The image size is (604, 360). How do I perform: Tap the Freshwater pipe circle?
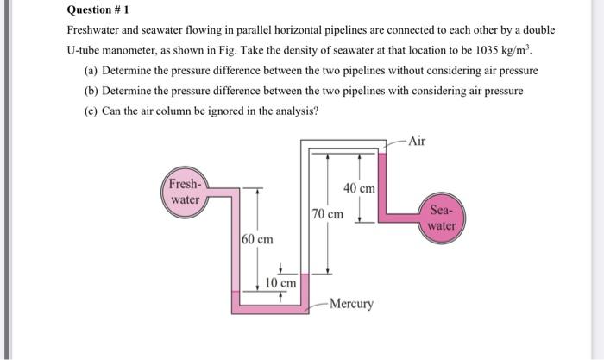[x=184, y=192]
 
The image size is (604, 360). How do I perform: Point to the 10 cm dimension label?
[x=280, y=283]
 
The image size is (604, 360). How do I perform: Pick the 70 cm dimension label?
[x=328, y=212]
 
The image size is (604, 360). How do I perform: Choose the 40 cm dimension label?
[x=359, y=188]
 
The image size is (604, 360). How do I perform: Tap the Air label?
[x=417, y=140]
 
